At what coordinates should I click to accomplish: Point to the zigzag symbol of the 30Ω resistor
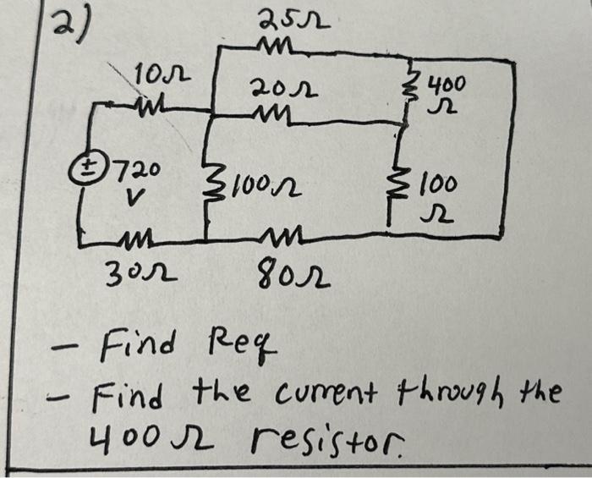pos(138,241)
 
